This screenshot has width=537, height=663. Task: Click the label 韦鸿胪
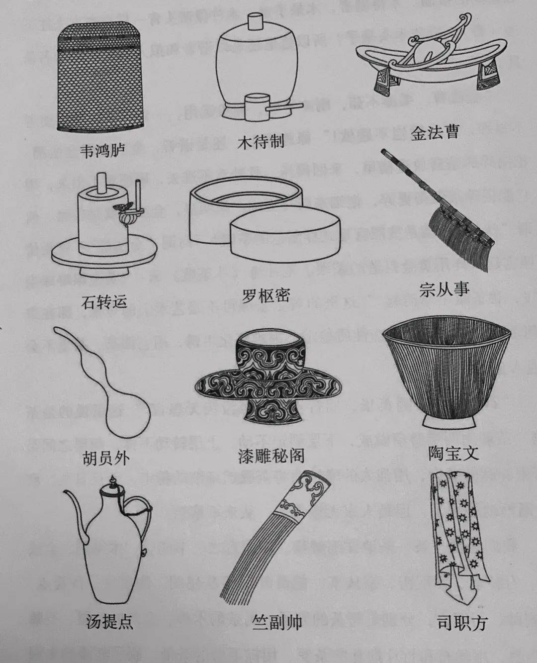[103, 150]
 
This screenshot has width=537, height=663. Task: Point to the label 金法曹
[435, 132]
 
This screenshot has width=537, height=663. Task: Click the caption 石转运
[104, 301]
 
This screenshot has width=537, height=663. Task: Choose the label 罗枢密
[266, 296]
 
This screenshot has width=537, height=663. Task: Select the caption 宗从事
[444, 289]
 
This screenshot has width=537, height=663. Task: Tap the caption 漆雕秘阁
[271, 456]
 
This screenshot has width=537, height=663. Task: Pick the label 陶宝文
[453, 453]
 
